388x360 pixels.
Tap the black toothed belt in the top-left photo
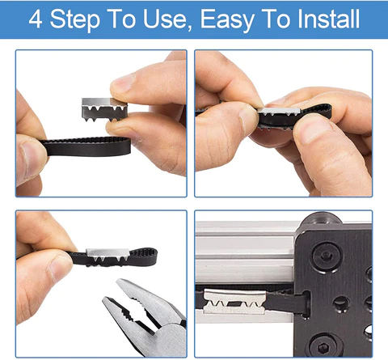(x=81, y=149)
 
